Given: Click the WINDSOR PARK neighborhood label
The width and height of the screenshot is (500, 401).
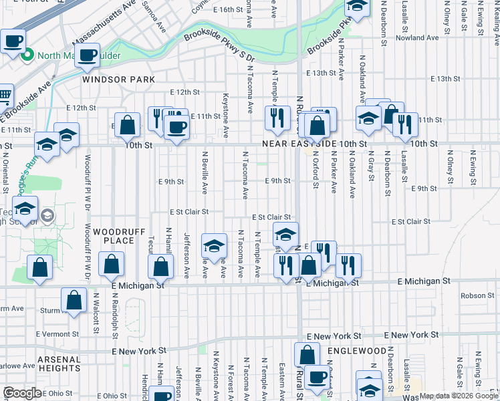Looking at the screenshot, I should coord(118,80).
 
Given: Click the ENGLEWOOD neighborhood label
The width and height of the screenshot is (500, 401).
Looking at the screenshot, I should coord(358,351).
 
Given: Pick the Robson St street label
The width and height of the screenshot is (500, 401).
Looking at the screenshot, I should coord(477,295).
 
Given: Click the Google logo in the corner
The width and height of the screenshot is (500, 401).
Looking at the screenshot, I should coord(22,393).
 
